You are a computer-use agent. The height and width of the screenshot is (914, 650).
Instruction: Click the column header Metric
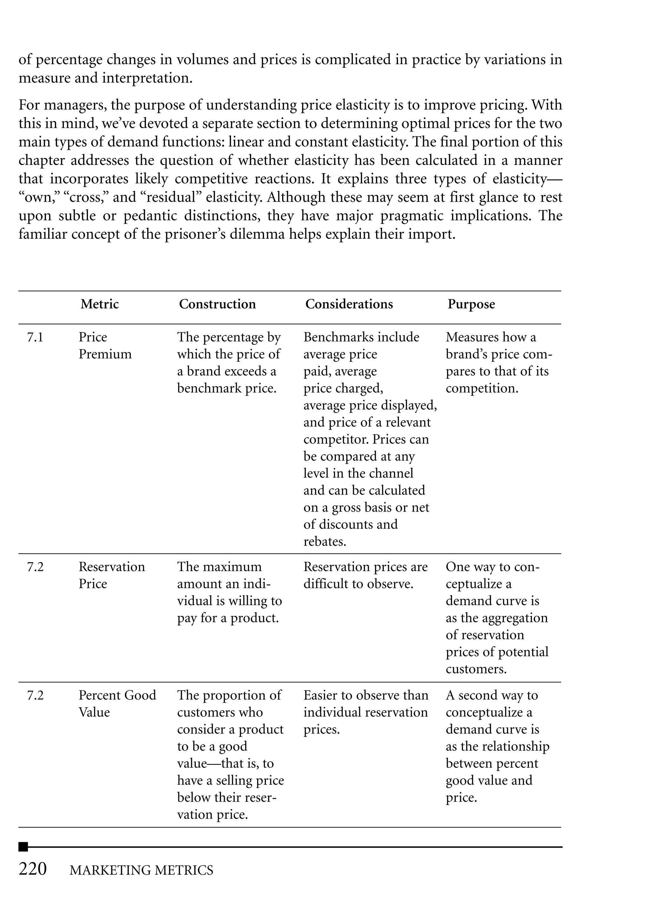coord(99,304)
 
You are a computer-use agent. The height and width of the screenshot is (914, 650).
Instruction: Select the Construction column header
coord(217,304)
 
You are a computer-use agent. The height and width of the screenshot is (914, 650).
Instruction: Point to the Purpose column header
coord(471,304)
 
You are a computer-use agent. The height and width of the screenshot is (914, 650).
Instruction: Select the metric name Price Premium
coord(105,345)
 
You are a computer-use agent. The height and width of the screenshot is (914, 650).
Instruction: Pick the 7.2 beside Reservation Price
coord(35,567)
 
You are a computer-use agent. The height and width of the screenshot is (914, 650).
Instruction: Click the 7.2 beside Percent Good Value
coord(35,695)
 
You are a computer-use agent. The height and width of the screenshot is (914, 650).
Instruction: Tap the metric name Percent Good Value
coord(117,703)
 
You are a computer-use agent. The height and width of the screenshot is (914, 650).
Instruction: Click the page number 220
coord(33,869)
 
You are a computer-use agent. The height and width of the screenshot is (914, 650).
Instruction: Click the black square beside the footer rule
coord(23,847)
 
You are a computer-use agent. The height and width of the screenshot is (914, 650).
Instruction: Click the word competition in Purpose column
coord(481,388)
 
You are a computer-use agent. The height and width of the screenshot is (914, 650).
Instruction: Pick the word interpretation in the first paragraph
coord(147,78)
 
